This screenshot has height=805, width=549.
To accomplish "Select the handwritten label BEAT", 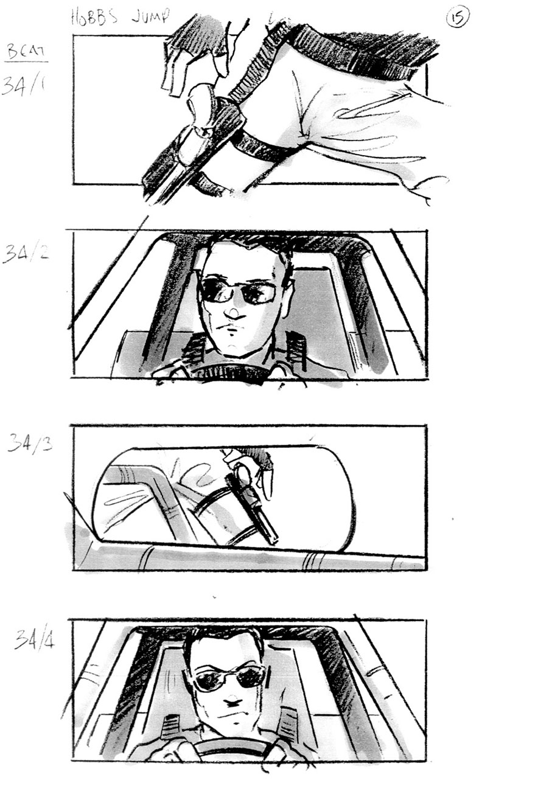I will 26,52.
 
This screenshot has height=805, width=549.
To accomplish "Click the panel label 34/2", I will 26,253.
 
